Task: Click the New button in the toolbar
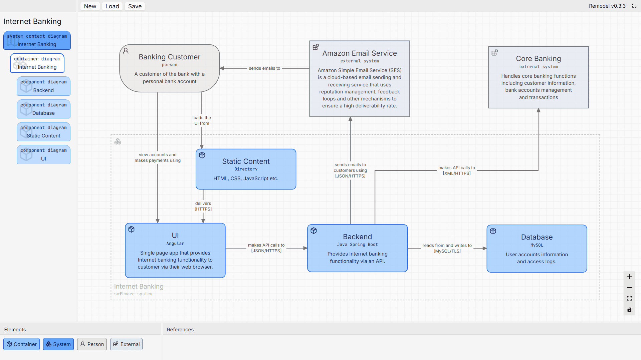pos(90,6)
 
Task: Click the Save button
pos(135,6)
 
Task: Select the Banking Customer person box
pos(170,68)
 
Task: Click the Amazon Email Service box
pos(360,79)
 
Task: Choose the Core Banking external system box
pos(538,77)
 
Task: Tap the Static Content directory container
pos(246,169)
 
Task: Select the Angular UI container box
pos(175,250)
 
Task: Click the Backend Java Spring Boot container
pos(357,248)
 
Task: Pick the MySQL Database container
pos(537,249)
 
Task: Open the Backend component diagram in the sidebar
pos(43,86)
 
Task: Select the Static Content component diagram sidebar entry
pos(43,132)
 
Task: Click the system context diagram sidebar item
pos(37,40)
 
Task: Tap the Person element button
pos(92,344)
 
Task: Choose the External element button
pos(126,344)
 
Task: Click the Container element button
pos(22,344)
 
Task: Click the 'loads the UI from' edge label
pos(202,120)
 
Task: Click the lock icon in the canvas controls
pos(629,310)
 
